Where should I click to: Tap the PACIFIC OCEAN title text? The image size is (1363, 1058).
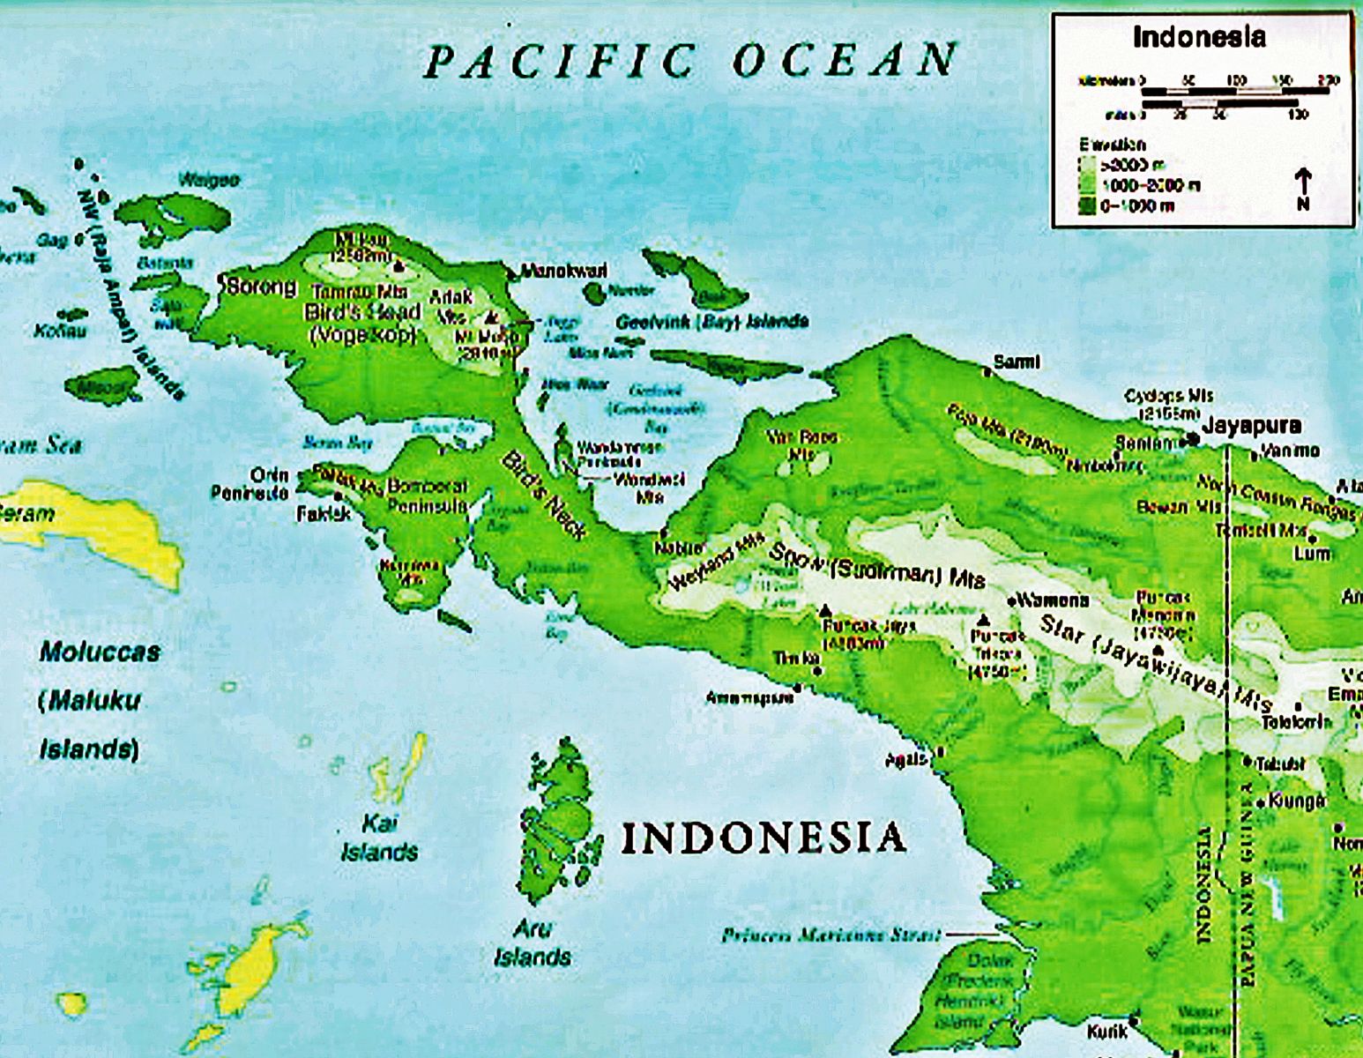[x=690, y=61]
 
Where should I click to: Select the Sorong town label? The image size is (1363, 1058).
[x=261, y=287]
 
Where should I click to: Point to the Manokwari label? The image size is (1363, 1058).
[x=564, y=271]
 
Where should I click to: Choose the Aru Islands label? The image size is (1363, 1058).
[x=533, y=942]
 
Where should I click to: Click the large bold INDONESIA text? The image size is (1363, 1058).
[x=763, y=838]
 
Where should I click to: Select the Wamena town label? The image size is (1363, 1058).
[x=1054, y=600]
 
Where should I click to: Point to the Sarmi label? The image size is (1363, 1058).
[x=1017, y=361]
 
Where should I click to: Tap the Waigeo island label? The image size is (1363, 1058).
[x=209, y=180]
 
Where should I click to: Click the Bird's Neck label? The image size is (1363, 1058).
[x=543, y=495]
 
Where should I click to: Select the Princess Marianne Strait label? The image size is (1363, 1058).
[x=830, y=935]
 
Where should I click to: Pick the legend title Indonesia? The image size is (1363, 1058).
[x=1199, y=37]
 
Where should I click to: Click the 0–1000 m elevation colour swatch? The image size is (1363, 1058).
[x=1087, y=206]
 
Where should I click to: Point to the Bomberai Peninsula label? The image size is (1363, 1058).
[x=427, y=495]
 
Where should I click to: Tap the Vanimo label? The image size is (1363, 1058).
[x=1290, y=451]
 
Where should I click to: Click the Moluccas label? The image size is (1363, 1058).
[x=100, y=652]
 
